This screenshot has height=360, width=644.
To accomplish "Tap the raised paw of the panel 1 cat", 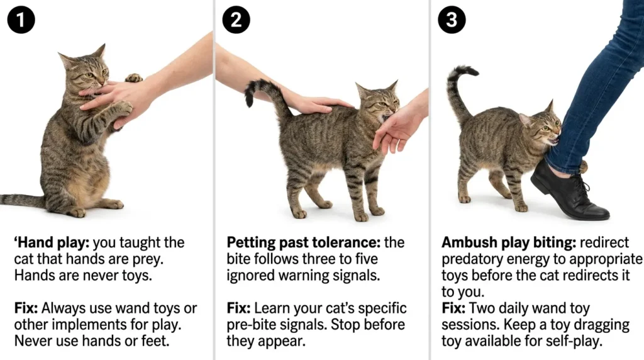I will click(133, 78).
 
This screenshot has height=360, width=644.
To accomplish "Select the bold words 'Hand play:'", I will click(45, 243).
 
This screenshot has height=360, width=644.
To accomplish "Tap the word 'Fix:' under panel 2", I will click(240, 309).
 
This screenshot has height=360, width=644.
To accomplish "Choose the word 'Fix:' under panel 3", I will click(454, 309).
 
